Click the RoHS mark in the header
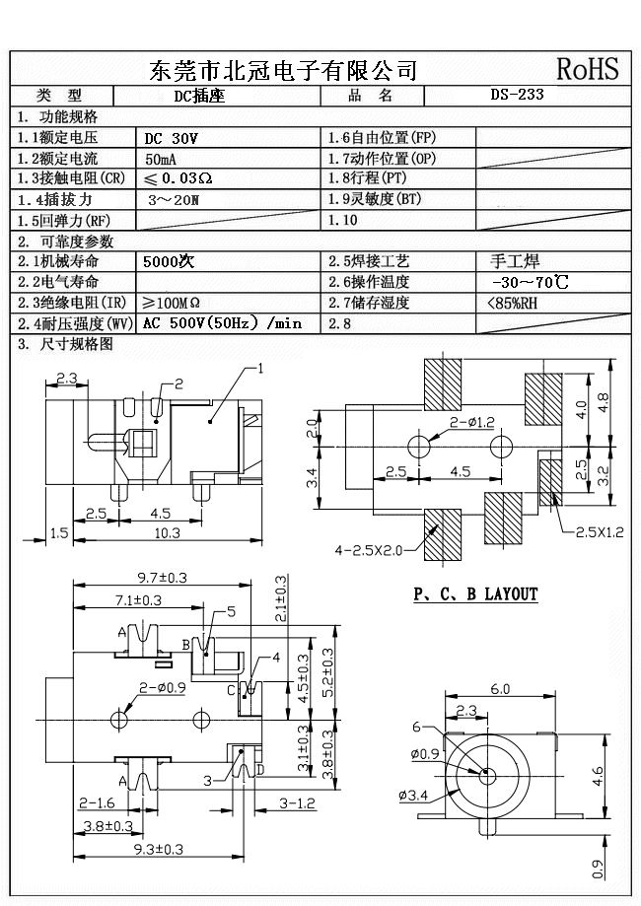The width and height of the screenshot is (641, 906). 588,69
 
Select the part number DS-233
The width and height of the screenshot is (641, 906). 517,96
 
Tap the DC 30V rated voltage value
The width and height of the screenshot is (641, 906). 172,138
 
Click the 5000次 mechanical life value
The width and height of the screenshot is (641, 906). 169,262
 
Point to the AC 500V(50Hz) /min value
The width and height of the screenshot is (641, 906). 222,323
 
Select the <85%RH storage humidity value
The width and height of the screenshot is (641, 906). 513,303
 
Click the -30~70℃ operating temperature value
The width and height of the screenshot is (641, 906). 529,282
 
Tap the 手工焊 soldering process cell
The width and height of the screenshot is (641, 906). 515,262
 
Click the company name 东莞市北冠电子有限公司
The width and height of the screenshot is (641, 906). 282,70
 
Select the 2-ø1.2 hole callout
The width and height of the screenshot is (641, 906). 472,422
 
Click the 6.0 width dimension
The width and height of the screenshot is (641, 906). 501,689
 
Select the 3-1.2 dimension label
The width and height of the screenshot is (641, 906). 297,803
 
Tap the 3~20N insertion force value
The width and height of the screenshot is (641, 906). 174,199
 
